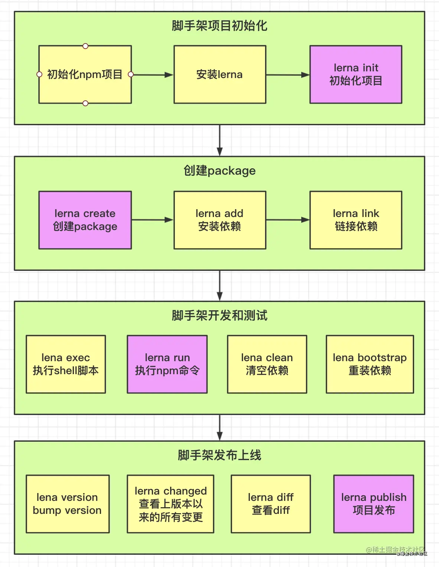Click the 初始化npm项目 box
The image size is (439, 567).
click(x=85, y=74)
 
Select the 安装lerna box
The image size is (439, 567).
click(x=220, y=74)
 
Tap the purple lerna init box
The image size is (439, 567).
click(x=356, y=74)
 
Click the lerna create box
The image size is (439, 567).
click(x=85, y=220)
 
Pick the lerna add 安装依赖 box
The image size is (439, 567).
click(x=220, y=220)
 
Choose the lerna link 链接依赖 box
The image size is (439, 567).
click(x=356, y=220)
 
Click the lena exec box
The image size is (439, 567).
click(x=66, y=364)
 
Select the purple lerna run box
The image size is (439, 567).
click(x=167, y=364)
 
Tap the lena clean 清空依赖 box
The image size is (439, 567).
click(x=267, y=364)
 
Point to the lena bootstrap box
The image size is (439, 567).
click(x=370, y=364)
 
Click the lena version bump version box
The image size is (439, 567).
click(x=68, y=504)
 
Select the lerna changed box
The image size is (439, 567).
click(x=170, y=504)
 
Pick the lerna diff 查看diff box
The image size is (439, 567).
click(x=271, y=504)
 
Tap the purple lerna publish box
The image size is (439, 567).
click(x=374, y=504)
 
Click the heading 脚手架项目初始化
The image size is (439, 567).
click(x=219, y=26)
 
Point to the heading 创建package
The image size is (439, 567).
click(x=219, y=171)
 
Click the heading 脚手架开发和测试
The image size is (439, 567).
click(x=219, y=315)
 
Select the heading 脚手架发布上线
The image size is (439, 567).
click(x=219, y=455)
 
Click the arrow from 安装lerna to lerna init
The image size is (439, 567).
click(x=288, y=75)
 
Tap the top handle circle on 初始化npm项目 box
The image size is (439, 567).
click(x=85, y=46)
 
